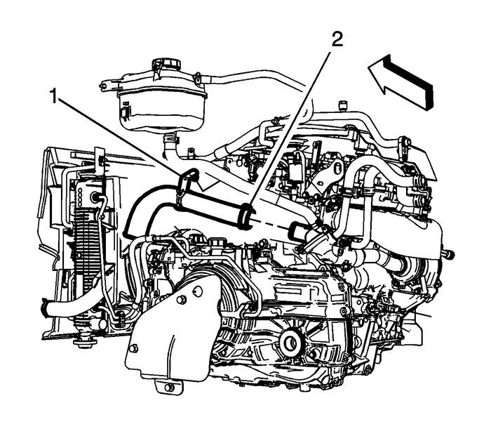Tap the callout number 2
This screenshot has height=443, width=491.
point(337,40)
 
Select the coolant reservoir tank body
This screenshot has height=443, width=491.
point(161,105)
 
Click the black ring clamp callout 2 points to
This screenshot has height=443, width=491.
point(245,215)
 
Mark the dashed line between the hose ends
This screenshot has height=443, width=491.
point(270,223)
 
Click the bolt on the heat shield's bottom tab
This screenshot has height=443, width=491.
point(168,385)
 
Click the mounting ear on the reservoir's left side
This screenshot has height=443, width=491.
point(104,86)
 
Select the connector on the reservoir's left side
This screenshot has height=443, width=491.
point(123,111)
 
